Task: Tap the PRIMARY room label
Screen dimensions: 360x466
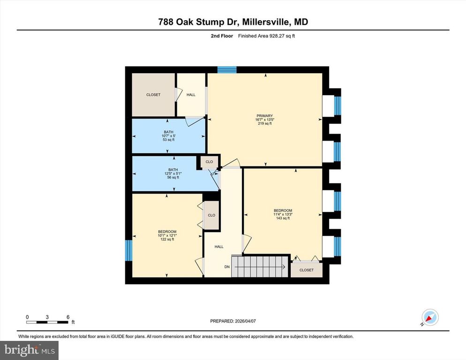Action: pyautogui.click(x=264, y=116)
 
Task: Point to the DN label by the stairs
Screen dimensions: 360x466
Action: pyautogui.click(x=227, y=267)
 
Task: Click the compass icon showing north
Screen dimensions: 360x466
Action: pyautogui.click(x=429, y=317)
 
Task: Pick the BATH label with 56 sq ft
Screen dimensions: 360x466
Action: pyautogui.click(x=173, y=170)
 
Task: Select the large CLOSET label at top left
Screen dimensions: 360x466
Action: pyautogui.click(x=153, y=95)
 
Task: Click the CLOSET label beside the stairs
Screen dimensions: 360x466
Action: pyautogui.click(x=306, y=270)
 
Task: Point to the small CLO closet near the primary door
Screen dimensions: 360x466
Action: pyautogui.click(x=209, y=162)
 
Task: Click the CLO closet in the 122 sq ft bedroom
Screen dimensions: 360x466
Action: pyautogui.click(x=211, y=215)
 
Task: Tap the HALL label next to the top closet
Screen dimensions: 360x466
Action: pyautogui.click(x=191, y=95)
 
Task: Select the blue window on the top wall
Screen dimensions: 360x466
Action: pyautogui.click(x=227, y=70)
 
